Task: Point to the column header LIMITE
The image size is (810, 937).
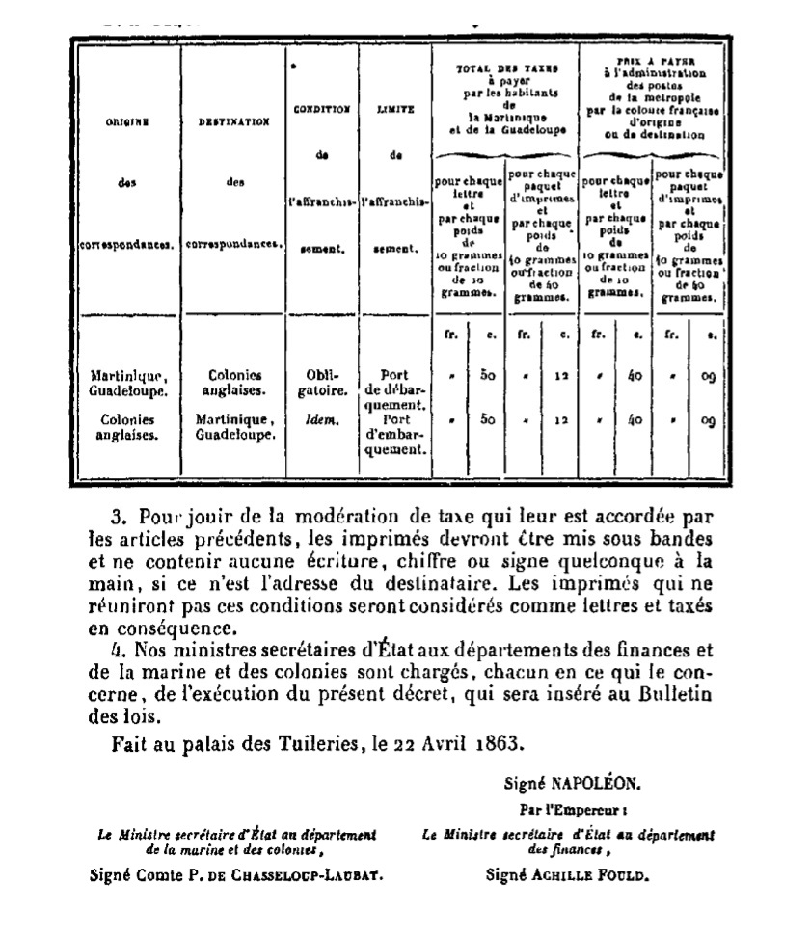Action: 395,110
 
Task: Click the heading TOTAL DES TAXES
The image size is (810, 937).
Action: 503,70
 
